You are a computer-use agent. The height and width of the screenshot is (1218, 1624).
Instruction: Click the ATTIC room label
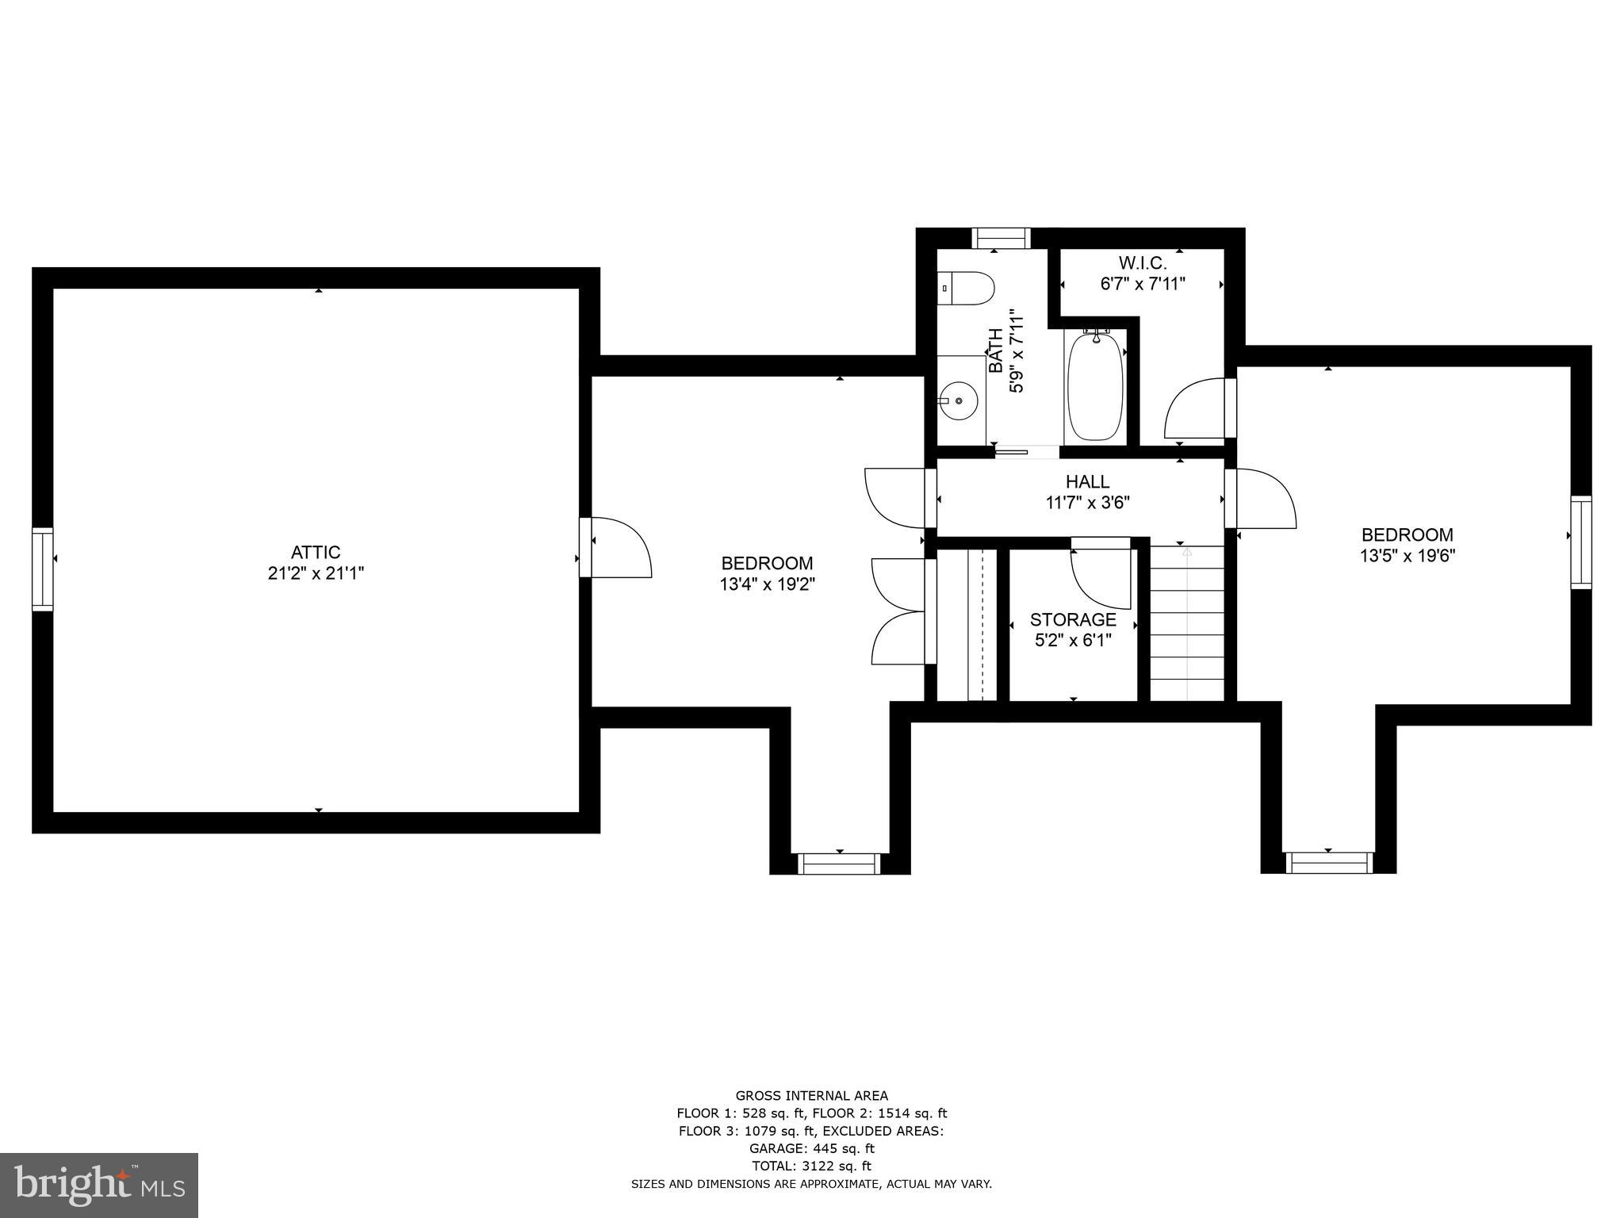point(316,552)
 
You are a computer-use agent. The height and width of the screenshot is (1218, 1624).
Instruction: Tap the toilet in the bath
point(967,289)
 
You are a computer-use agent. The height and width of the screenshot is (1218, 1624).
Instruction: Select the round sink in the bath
point(959,401)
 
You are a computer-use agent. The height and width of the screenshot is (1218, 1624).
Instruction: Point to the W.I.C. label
point(1143,262)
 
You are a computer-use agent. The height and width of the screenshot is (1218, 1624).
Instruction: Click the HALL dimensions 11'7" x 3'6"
point(1087,502)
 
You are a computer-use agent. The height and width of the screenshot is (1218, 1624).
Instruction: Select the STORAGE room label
point(1073,619)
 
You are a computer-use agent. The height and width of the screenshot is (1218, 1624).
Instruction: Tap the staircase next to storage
point(1187,622)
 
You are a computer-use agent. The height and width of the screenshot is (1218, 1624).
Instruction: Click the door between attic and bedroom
point(617,547)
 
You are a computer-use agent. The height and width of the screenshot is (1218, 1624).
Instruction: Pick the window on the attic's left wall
point(43,569)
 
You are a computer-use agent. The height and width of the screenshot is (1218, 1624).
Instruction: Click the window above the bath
point(1002,238)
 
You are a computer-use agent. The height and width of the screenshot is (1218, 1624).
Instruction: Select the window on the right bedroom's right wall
point(1581,542)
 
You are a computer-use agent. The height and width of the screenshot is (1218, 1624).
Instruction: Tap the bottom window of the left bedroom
point(839,864)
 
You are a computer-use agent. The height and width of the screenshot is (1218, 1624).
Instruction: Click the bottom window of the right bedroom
point(1329,863)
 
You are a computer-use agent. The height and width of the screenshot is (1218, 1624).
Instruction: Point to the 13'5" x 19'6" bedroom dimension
point(1408,556)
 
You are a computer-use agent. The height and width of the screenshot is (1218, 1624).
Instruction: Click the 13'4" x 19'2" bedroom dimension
point(767,584)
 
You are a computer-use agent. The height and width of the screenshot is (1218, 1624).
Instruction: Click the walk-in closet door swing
point(1198,409)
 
